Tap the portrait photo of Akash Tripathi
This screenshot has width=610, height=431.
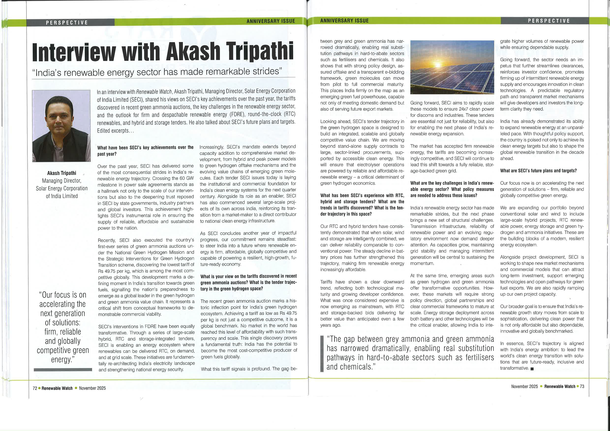click(x=61, y=126)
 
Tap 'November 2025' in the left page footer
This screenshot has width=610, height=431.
click(x=92, y=388)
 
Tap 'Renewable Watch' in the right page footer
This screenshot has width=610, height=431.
click(x=560, y=386)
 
